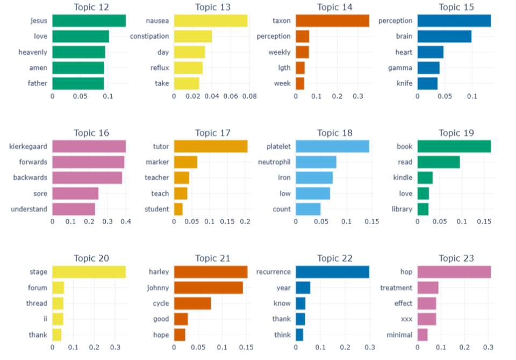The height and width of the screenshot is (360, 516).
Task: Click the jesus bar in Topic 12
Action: coord(89,21)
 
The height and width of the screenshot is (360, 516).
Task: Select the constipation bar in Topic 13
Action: coord(193,36)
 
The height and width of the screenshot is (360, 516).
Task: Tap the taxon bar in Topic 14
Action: coord(332,21)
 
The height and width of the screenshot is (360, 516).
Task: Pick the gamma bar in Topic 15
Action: coord(428,68)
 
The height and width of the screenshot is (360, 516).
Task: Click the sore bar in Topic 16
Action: coord(75,193)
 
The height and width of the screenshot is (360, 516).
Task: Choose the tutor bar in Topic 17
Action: coord(211,147)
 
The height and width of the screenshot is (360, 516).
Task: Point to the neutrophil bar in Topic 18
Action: coord(316,162)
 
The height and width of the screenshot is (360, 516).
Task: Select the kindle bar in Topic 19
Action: coord(425,178)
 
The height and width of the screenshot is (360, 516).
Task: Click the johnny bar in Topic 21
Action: coord(209,287)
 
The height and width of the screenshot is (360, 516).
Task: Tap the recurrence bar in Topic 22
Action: coord(332,272)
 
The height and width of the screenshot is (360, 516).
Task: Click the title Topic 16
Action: coord(91,133)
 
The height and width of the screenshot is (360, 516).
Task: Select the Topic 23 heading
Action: coord(456,258)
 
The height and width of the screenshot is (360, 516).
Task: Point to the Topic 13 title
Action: coord(213,7)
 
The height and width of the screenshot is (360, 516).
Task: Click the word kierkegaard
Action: coord(28,147)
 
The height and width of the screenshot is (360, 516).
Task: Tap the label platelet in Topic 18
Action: coord(278,147)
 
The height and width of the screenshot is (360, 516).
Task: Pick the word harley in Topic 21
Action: coord(159,272)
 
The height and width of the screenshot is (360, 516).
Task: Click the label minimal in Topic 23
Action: coord(399,335)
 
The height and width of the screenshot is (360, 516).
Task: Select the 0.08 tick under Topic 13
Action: coord(249,96)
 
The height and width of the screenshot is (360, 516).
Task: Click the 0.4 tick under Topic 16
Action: coord(126,221)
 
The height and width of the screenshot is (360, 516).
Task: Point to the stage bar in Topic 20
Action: coord(89,272)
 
